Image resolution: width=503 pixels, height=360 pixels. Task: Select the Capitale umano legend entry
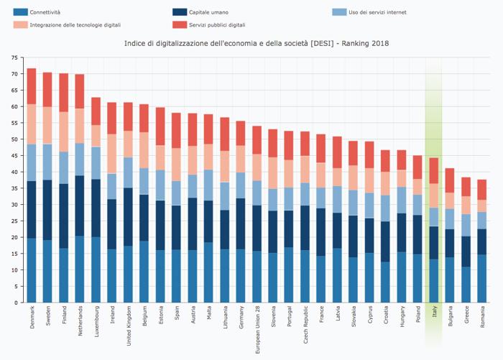click(208, 12)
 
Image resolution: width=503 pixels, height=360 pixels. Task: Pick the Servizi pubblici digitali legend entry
click(216, 25)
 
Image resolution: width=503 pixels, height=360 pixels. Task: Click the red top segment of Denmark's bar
click(32, 86)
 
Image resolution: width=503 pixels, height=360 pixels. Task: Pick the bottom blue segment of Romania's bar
click(482, 278)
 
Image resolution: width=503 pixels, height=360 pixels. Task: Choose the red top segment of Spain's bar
click(177, 130)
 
